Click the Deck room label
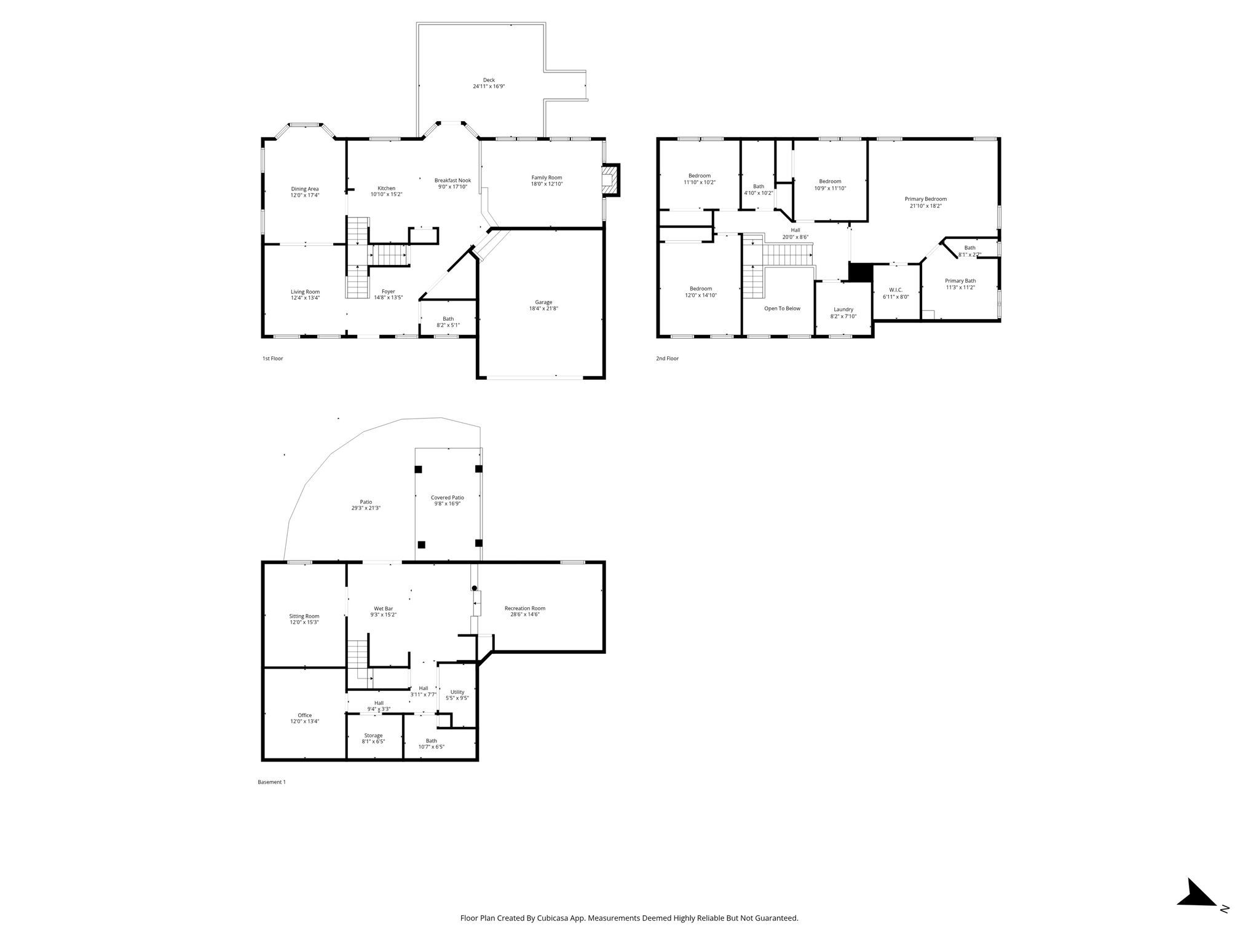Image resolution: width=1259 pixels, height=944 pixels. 489,80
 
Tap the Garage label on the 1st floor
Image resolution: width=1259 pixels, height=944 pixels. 543,302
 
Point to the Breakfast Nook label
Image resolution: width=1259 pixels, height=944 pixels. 452,180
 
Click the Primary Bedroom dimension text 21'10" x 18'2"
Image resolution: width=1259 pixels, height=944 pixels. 926,206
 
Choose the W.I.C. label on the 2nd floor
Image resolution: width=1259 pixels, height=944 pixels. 896,289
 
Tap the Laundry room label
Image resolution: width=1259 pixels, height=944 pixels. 843,309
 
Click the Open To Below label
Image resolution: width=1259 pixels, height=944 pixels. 782,309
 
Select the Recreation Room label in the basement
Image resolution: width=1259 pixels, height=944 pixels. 525,608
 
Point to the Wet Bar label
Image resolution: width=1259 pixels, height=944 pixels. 383,608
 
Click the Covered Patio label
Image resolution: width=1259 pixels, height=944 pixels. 447,497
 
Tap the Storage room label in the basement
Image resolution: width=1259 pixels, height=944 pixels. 373,735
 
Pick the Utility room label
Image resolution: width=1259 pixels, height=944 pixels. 457,692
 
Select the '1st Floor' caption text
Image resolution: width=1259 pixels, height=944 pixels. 273,358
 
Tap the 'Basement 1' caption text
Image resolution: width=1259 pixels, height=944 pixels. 272,782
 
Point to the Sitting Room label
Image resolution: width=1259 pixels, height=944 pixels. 304,616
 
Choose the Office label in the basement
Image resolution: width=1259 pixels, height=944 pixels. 304,715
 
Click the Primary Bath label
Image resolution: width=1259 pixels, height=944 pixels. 960,281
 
